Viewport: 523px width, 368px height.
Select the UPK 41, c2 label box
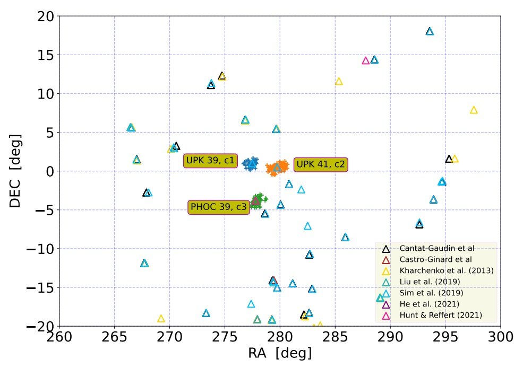[x=320, y=164]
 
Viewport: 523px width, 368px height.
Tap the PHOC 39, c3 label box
[x=219, y=207]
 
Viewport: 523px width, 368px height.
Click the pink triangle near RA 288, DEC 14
[x=365, y=60]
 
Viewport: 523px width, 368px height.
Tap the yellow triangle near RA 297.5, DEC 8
[x=474, y=110]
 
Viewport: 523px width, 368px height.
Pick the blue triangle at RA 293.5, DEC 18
[x=430, y=31]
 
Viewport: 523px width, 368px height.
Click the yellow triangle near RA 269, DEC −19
[x=161, y=319]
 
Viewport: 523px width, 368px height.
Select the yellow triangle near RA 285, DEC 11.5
[x=339, y=81]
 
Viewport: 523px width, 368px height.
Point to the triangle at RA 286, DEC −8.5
[x=345, y=237]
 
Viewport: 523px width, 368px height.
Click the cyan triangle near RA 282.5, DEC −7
[x=307, y=226]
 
